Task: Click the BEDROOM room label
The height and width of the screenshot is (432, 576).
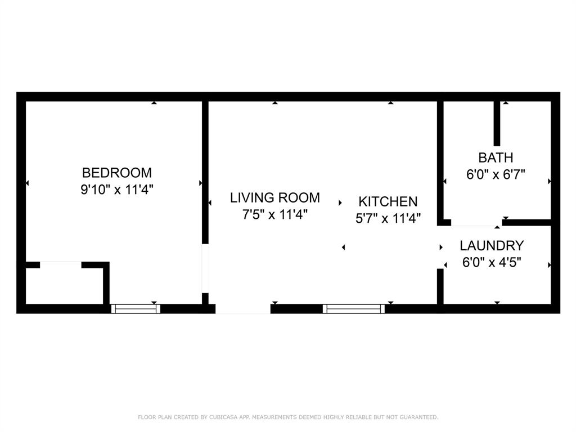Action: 117,173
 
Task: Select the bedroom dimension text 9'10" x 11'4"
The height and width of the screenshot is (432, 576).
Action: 117,190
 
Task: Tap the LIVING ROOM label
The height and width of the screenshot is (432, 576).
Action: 275,197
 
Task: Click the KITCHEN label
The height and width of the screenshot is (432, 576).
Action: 388,201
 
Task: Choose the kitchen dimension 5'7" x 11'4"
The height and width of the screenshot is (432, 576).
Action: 388,218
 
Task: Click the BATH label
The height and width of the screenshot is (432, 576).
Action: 496,157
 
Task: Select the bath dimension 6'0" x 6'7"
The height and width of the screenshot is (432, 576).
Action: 496,174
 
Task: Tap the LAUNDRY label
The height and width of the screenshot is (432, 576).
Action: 492,246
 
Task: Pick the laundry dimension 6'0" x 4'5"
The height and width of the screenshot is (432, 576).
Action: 492,263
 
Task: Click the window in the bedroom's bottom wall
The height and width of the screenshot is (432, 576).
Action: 136,308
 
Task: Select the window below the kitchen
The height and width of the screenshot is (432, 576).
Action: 354,308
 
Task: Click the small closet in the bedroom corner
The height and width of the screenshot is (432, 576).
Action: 64,286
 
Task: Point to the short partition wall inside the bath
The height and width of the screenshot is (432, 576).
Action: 497,123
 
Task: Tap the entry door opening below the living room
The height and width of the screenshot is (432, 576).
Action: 243,309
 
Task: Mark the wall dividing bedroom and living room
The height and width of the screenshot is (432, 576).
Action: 205,169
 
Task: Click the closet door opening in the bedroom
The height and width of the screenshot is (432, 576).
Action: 61,264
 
